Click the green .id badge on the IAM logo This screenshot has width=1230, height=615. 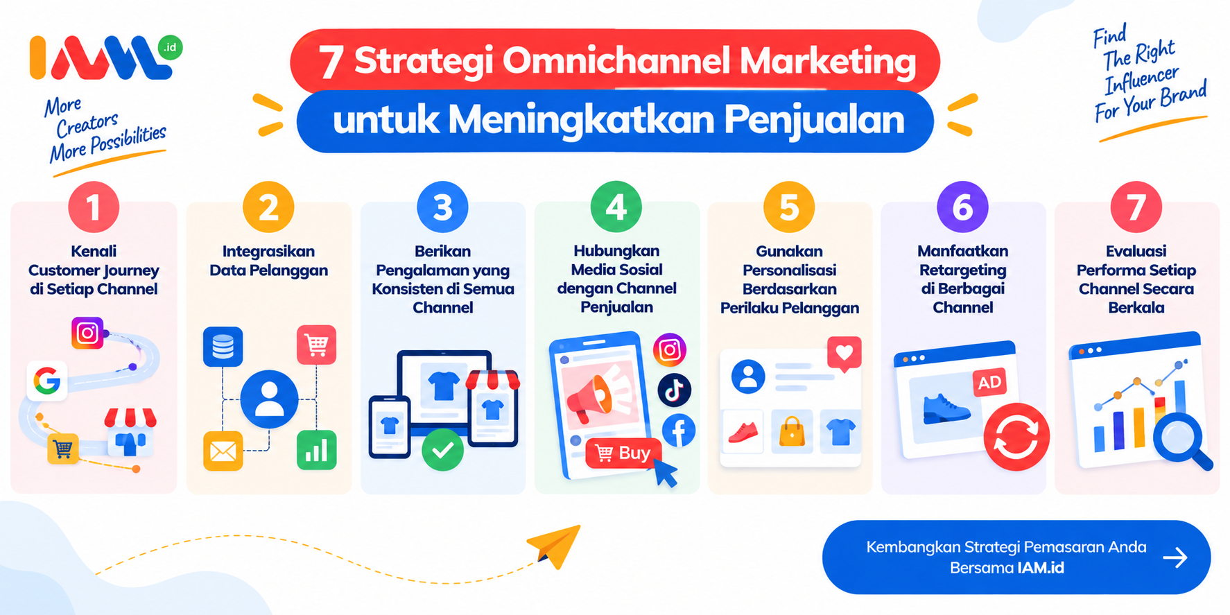pos(170,47)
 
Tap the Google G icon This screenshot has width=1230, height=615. pos(47,381)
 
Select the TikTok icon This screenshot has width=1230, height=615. pos(674,390)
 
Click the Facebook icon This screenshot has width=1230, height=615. pos(679,431)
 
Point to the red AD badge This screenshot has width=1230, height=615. pos(989,382)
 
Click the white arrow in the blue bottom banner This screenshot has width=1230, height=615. pos(1175,557)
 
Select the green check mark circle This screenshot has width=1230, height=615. pos(442,450)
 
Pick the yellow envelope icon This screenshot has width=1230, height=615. pos(223,451)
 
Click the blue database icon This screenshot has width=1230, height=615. pos(223,346)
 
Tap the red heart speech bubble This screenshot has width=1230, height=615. pos(844,354)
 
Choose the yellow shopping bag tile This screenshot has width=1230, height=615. pos(792,431)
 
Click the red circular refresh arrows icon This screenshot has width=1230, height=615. pos(1016,437)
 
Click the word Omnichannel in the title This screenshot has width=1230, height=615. pos(616,60)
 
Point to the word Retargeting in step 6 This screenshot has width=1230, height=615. pos(962,270)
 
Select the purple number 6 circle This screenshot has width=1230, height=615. pos(962,207)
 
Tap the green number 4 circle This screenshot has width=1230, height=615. pos(616,207)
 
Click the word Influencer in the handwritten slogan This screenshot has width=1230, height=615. pos(1141,80)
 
